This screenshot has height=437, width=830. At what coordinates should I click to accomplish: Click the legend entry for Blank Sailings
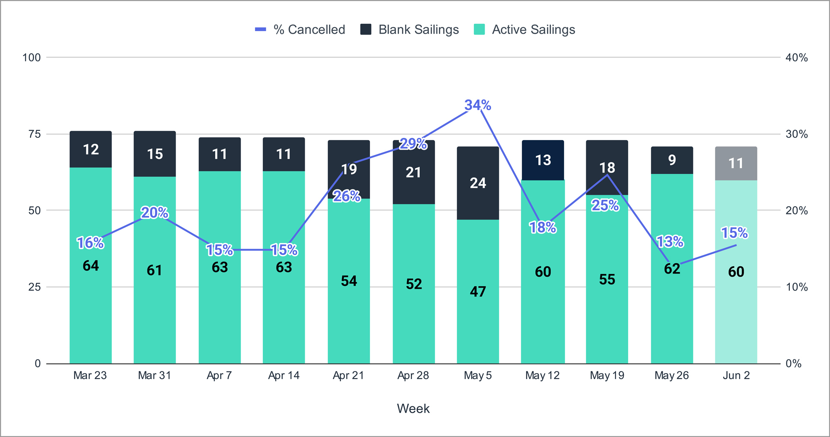(x=409, y=29)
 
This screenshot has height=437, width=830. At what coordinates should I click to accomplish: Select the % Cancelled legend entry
(x=300, y=29)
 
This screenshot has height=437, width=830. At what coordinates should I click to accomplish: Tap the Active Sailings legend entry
(x=524, y=29)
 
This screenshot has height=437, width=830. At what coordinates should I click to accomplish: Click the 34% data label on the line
(x=478, y=105)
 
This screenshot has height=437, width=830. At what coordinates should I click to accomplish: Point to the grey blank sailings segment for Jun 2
(x=736, y=163)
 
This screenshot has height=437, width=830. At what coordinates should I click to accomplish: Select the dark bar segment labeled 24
(x=478, y=183)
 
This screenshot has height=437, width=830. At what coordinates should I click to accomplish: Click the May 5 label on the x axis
(x=478, y=375)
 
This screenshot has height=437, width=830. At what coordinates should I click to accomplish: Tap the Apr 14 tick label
(x=284, y=375)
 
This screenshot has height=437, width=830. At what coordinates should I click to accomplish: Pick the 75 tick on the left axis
(x=35, y=134)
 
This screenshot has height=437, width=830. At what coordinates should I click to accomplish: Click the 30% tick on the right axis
(x=796, y=134)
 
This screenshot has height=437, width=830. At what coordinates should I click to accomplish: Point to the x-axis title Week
(x=413, y=408)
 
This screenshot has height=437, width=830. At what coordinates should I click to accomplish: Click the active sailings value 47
(x=478, y=291)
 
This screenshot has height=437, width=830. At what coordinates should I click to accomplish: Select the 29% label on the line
(x=413, y=144)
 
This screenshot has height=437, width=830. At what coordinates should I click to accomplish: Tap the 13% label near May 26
(x=670, y=241)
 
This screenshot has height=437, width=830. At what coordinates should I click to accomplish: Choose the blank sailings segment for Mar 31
(x=155, y=154)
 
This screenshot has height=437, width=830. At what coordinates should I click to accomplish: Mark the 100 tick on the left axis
(x=32, y=57)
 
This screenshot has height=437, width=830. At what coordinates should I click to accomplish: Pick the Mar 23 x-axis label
(x=90, y=375)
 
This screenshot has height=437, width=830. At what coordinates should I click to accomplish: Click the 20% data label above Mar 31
(x=155, y=213)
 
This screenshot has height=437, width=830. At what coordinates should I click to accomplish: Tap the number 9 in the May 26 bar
(x=672, y=160)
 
